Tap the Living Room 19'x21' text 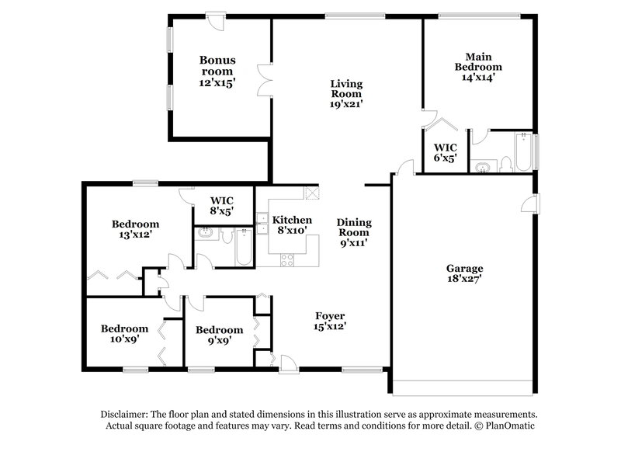[346, 92]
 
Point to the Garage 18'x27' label [463, 273]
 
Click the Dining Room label [353, 231]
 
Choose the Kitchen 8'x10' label [292, 224]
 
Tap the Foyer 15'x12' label [330, 322]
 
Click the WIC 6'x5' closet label [445, 152]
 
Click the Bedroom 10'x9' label [124, 334]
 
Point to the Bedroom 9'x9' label [219, 334]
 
